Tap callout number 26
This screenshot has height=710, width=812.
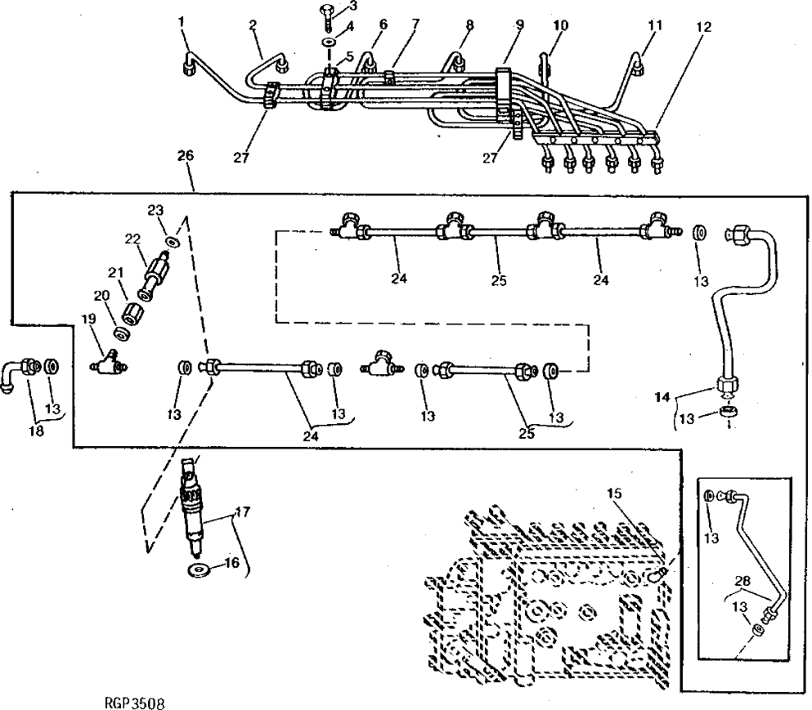click(186, 154)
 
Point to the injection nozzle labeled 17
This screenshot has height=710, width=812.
click(193, 507)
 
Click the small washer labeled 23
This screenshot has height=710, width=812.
click(172, 242)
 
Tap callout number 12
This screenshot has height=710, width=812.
click(705, 27)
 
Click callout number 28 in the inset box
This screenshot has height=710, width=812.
click(741, 581)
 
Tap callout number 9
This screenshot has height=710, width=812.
click(518, 25)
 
